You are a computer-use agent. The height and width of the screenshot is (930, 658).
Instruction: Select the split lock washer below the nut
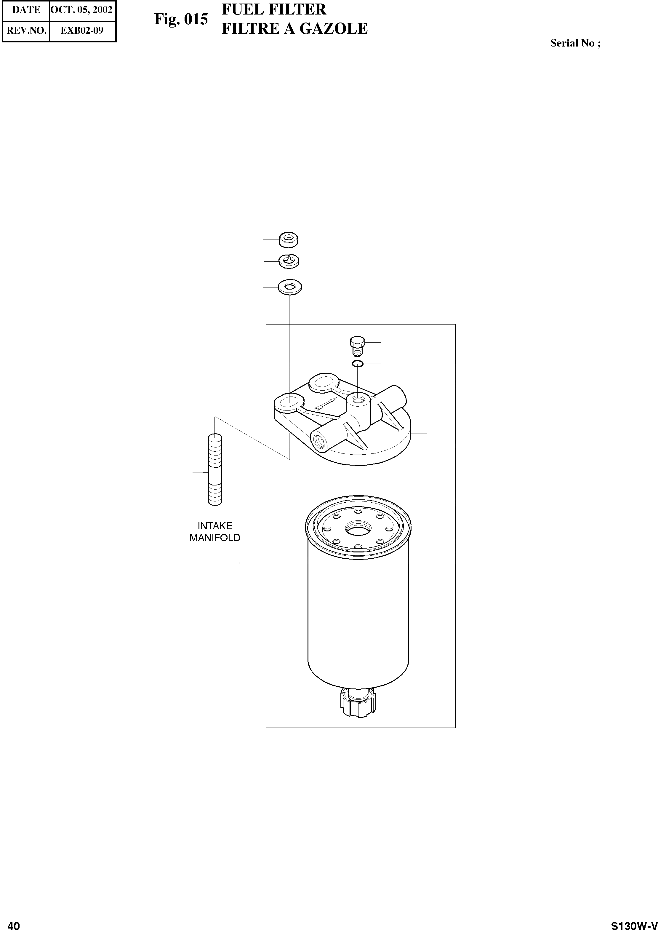pos(289,261)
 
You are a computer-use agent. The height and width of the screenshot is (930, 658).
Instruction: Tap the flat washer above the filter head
pos(290,287)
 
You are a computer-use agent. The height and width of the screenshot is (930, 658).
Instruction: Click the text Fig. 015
pos(181,19)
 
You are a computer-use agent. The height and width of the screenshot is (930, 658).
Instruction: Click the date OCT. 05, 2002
pos(81,10)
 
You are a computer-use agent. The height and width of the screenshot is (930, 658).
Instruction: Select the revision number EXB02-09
pos(82,31)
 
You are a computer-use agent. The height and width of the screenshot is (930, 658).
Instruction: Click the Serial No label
pos(575,43)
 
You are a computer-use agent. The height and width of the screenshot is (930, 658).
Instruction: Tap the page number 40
pos(14,922)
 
